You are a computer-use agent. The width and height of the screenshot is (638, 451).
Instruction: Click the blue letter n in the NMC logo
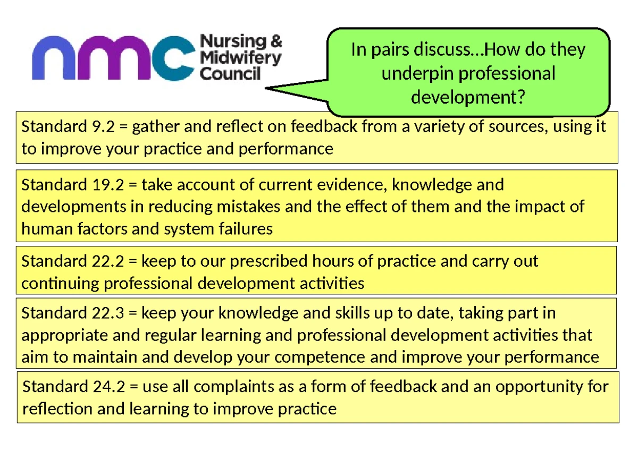click(x=54, y=58)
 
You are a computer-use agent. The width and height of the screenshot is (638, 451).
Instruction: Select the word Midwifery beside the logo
click(x=241, y=58)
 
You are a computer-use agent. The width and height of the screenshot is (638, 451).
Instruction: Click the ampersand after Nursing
click(x=276, y=41)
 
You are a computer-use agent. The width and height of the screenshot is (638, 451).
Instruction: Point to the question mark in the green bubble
click(x=521, y=97)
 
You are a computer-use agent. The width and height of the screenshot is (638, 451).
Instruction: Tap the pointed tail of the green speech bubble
click(x=266, y=88)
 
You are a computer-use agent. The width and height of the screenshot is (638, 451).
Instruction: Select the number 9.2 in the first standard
click(x=103, y=126)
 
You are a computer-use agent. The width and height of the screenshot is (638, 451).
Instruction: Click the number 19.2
click(x=108, y=185)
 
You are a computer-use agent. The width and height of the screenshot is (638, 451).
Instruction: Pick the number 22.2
click(x=108, y=261)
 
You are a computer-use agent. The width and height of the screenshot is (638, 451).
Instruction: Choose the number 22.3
click(x=108, y=313)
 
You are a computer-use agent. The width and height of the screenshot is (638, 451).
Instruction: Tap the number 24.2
click(x=109, y=387)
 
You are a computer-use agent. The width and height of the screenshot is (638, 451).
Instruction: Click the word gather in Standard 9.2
click(x=155, y=127)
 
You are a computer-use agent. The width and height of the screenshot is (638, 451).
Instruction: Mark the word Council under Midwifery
click(x=230, y=74)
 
